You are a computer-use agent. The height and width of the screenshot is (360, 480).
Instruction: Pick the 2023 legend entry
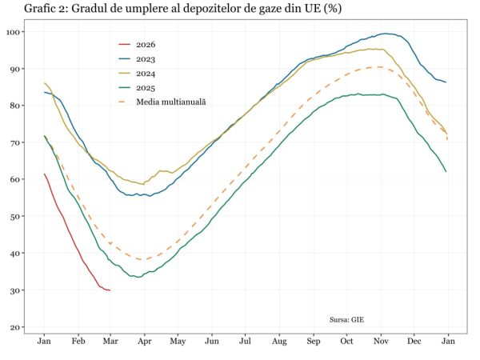pos(146,59)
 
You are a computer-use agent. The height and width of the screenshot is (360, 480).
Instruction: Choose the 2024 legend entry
pos(146,74)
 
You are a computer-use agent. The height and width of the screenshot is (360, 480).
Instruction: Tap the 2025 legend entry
pos(146,88)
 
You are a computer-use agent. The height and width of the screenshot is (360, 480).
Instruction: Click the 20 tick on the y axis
pos(16,327)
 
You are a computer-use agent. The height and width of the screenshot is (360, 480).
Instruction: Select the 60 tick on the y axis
pos(16,180)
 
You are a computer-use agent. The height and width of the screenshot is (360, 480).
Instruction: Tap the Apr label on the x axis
pos(144,342)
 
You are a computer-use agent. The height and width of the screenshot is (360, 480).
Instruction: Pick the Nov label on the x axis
pos(381,342)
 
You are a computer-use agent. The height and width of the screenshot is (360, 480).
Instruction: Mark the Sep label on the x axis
pos(313,342)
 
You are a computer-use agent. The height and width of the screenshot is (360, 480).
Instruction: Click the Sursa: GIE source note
pos(346,319)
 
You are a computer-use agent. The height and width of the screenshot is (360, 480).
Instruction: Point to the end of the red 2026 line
pos(110,290)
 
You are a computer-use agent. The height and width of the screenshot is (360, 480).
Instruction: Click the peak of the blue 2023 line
pos(386,34)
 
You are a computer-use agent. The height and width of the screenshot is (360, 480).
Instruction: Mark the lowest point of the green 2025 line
pos(139,277)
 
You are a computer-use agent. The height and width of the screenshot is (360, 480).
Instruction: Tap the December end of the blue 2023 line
pos(446,82)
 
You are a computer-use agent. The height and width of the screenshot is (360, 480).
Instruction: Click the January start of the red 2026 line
pos(44,174)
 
